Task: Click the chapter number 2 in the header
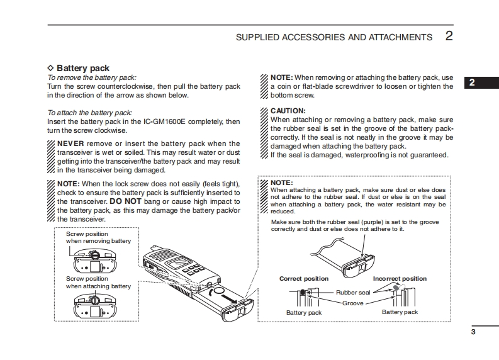(449, 36)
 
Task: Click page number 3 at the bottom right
(473, 332)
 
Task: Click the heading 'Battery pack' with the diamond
(82, 68)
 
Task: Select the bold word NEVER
(70, 143)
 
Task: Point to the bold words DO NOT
(126, 201)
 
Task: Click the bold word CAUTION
(288, 110)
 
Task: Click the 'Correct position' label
(303, 279)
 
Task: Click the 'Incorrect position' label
(400, 279)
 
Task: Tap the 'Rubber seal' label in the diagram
(353, 293)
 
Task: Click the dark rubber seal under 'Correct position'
(303, 293)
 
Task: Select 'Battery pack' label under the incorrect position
(400, 312)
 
